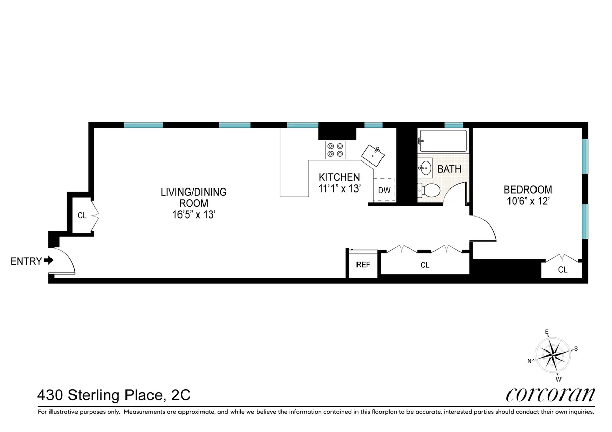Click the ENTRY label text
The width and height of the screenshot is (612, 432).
coord(26,261)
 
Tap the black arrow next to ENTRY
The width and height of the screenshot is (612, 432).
coord(49,261)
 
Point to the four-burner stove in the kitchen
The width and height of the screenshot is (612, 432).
coord(336,149)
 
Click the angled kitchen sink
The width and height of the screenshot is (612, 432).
coord(374,155)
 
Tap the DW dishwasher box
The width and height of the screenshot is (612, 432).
coord(384,191)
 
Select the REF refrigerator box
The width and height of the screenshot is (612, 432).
coord(363,265)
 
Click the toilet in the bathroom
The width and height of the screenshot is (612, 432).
coord(429,191)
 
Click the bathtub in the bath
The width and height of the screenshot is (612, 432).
coord(442,141)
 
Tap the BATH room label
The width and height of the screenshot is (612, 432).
coord(449,169)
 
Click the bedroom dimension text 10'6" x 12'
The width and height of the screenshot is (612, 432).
coord(528,201)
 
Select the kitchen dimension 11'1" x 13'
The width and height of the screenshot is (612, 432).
coord(339,188)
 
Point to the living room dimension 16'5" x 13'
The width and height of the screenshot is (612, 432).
coord(193,214)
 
